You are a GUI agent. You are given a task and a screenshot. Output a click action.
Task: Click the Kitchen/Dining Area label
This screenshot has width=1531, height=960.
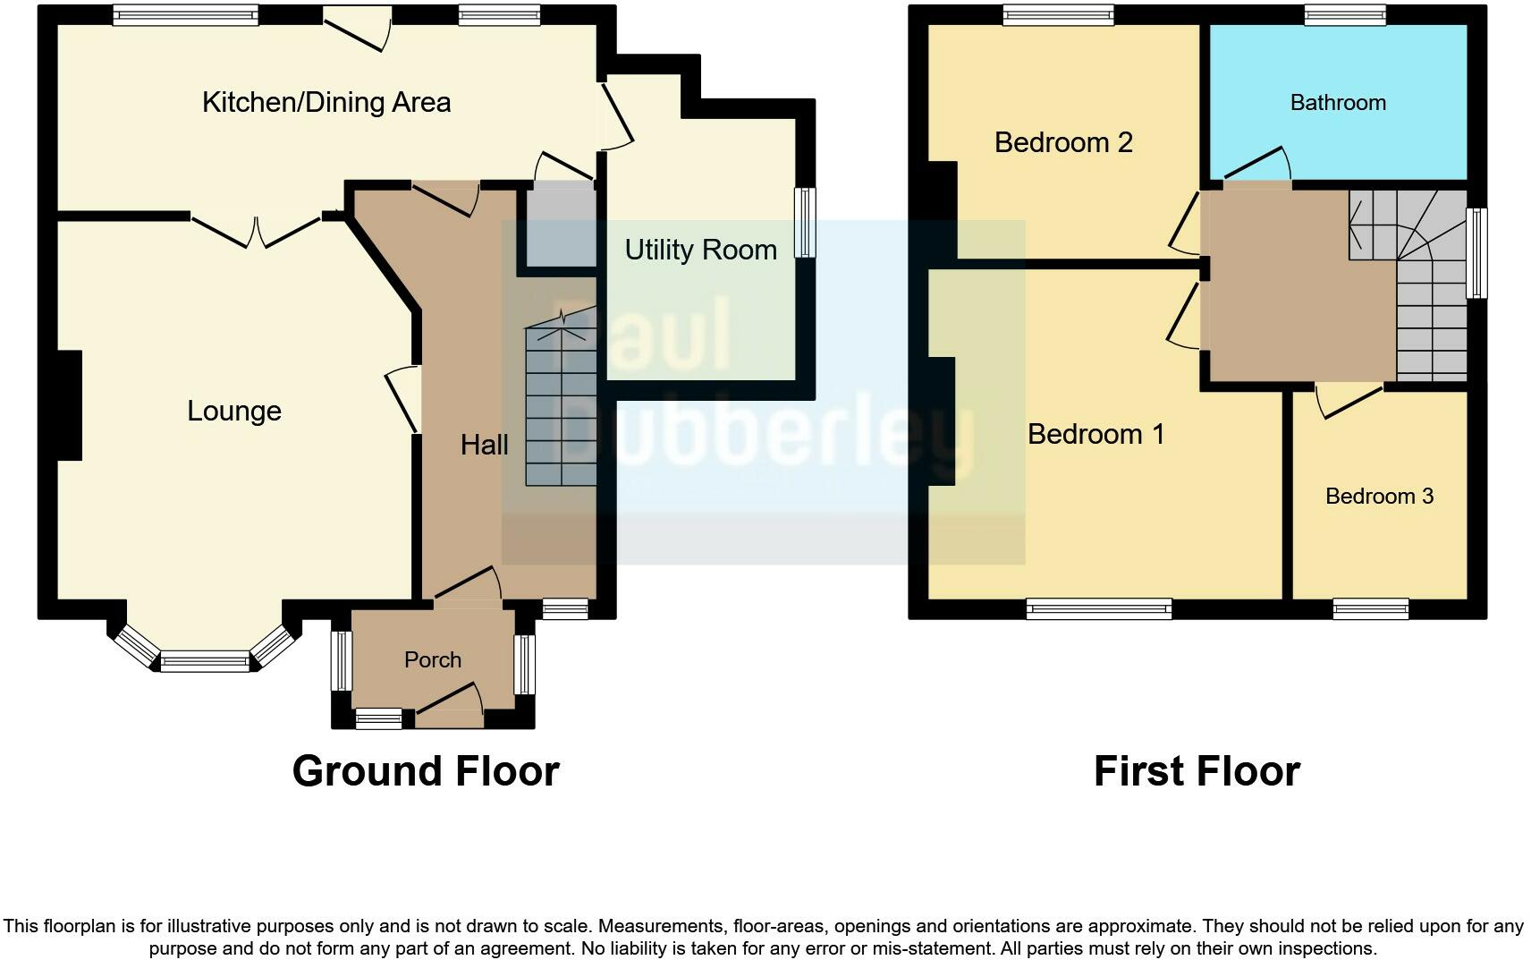pos(326,102)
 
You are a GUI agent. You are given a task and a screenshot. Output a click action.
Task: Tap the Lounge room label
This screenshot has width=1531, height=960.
pos(234,411)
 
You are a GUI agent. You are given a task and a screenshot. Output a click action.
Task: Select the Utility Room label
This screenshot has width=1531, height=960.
pos(700,250)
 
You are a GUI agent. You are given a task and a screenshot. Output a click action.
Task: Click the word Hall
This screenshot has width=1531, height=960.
pos(484,445)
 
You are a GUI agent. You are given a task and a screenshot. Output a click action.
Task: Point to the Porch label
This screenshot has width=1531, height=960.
pos(433,660)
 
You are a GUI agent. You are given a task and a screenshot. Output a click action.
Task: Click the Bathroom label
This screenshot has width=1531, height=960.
pos(1338,103)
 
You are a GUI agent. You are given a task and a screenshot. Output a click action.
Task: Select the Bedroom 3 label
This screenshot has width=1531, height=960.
pos(1379,497)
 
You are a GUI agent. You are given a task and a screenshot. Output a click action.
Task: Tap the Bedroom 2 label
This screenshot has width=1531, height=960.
pos(1063,142)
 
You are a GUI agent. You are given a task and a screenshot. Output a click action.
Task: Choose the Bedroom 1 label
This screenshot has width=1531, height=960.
pos(1095,435)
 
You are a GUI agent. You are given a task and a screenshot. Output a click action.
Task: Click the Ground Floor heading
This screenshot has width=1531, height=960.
pos(426,771)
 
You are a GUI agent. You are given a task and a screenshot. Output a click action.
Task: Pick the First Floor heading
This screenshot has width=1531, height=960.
pos(1197,771)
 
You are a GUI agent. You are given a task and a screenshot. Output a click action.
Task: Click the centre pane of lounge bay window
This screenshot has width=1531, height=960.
pos(205,663)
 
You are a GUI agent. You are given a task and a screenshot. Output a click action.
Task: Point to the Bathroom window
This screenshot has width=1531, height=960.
pos(1344,14)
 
